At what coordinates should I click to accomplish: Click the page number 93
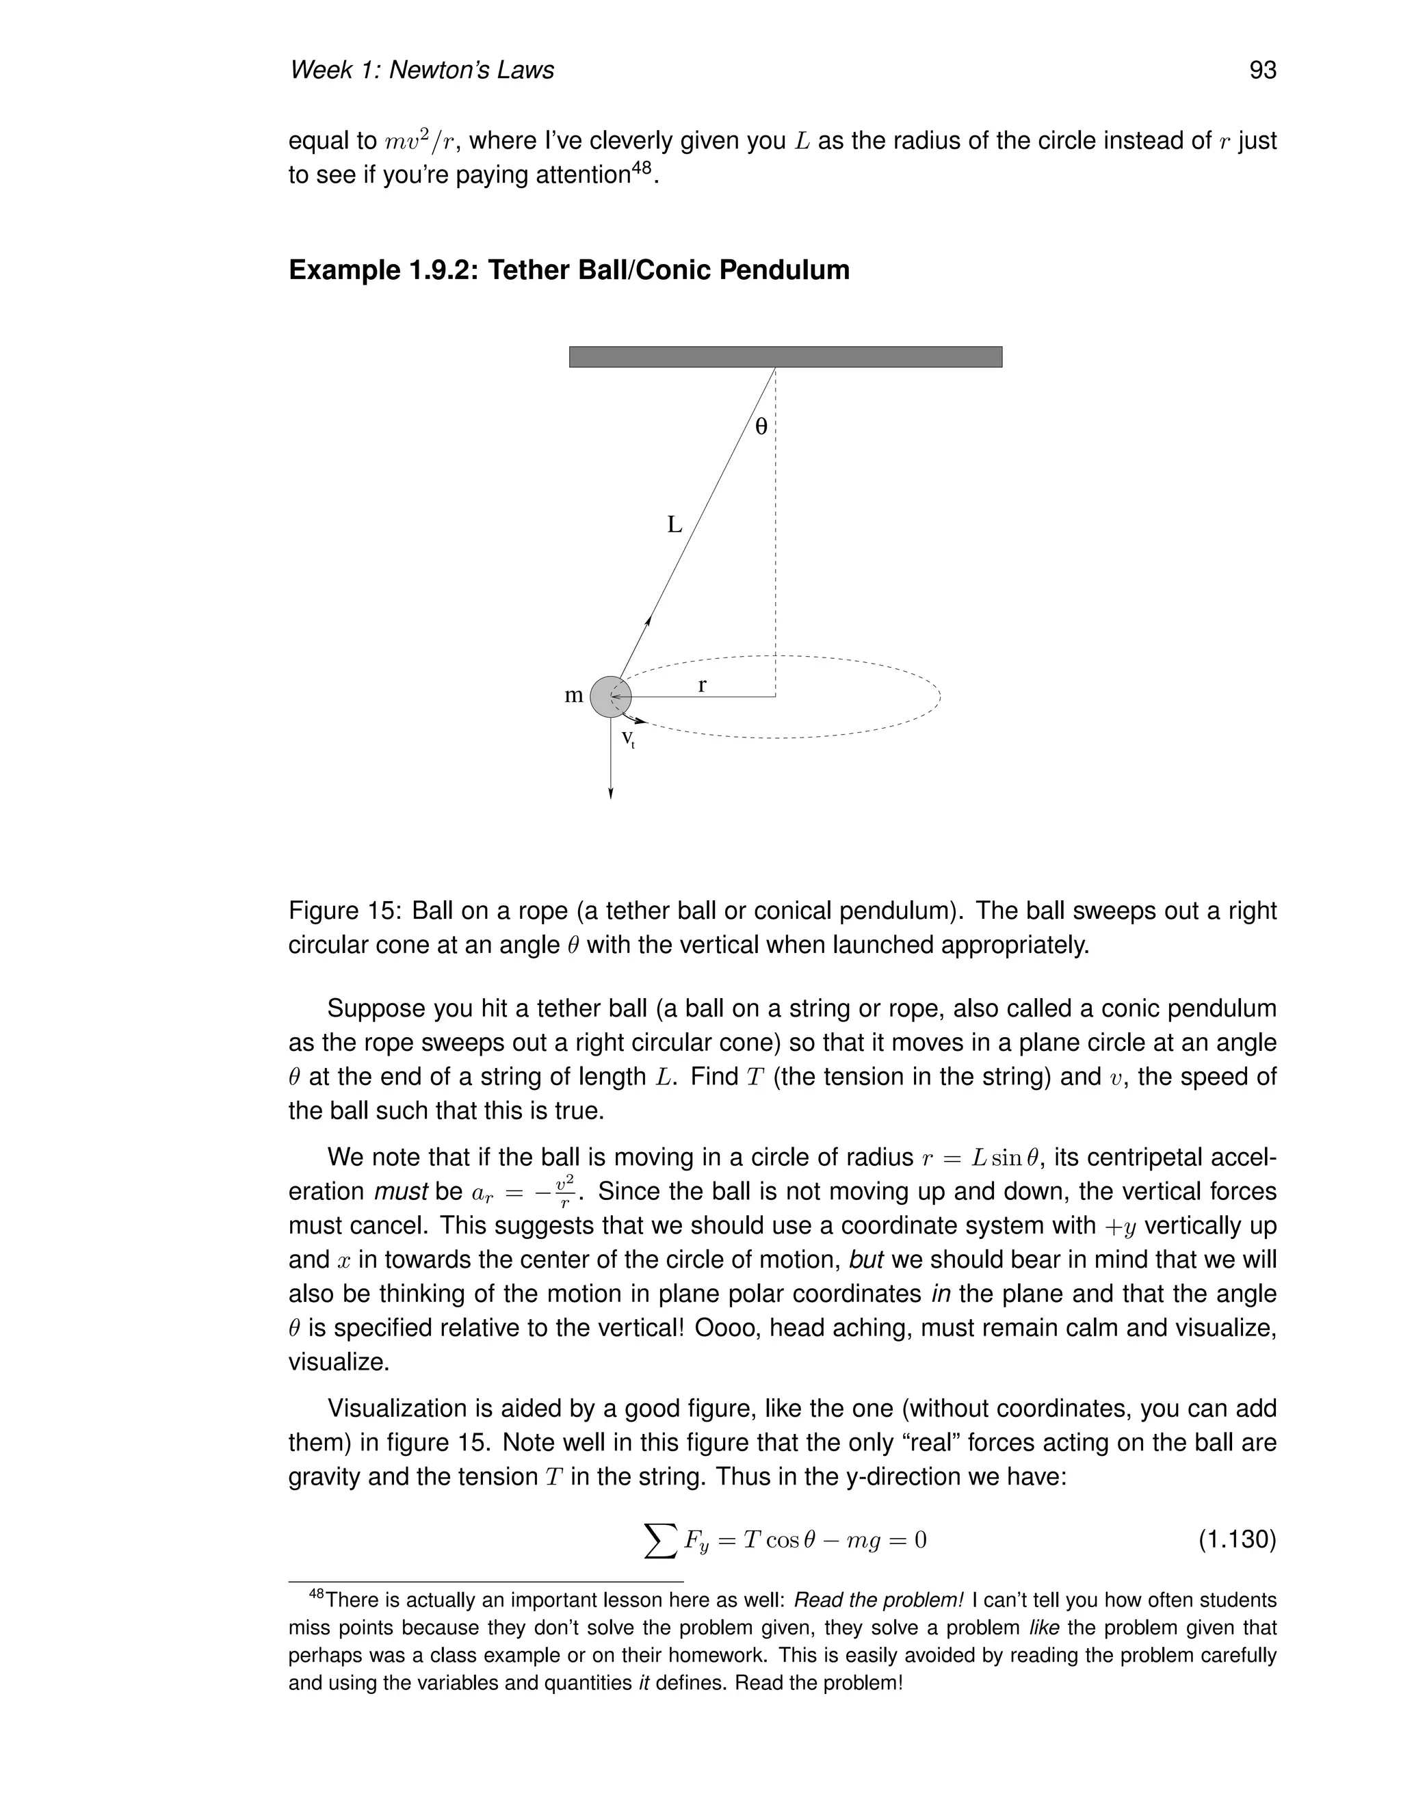click(x=1261, y=70)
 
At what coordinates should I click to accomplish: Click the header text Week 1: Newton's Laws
click(x=421, y=70)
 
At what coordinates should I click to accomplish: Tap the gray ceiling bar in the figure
click(x=785, y=357)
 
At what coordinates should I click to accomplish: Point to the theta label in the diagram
click(x=760, y=428)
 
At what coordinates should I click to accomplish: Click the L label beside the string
click(x=675, y=525)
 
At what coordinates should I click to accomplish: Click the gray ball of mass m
click(x=610, y=696)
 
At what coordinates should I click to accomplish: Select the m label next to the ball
click(x=573, y=696)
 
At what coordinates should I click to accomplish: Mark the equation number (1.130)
click(x=1237, y=1541)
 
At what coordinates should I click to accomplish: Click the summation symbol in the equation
click(x=661, y=1541)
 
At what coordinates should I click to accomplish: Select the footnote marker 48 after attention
click(x=642, y=168)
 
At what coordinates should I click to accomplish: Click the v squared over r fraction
click(x=564, y=1191)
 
